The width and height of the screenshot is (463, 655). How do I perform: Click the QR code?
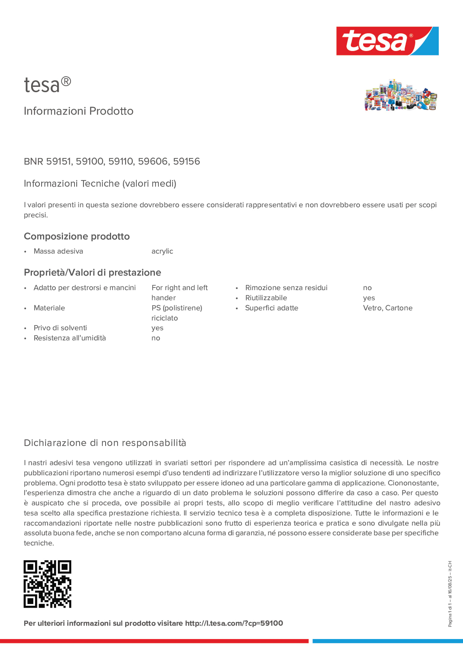(47, 584)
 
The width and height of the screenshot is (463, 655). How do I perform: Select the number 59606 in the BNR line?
(153, 161)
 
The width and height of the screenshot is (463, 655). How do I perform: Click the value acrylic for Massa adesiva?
(162, 251)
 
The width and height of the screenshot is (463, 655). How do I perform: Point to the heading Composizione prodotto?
(77, 236)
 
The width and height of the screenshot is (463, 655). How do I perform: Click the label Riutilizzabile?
(266, 298)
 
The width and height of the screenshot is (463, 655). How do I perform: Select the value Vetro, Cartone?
(388, 308)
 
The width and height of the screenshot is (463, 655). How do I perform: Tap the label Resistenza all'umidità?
(70, 338)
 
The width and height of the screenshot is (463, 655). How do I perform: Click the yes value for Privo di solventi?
(157, 328)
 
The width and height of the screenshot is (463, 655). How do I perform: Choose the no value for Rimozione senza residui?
(367, 288)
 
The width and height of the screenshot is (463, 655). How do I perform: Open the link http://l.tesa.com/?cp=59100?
(234, 623)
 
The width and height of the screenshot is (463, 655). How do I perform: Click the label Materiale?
(49, 308)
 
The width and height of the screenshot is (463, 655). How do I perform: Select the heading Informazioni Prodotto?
(79, 111)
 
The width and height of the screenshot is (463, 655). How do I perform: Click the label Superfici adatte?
(271, 308)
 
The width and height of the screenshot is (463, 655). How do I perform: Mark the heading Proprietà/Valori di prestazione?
(93, 273)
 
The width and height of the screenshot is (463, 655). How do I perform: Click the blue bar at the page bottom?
(387, 641)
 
